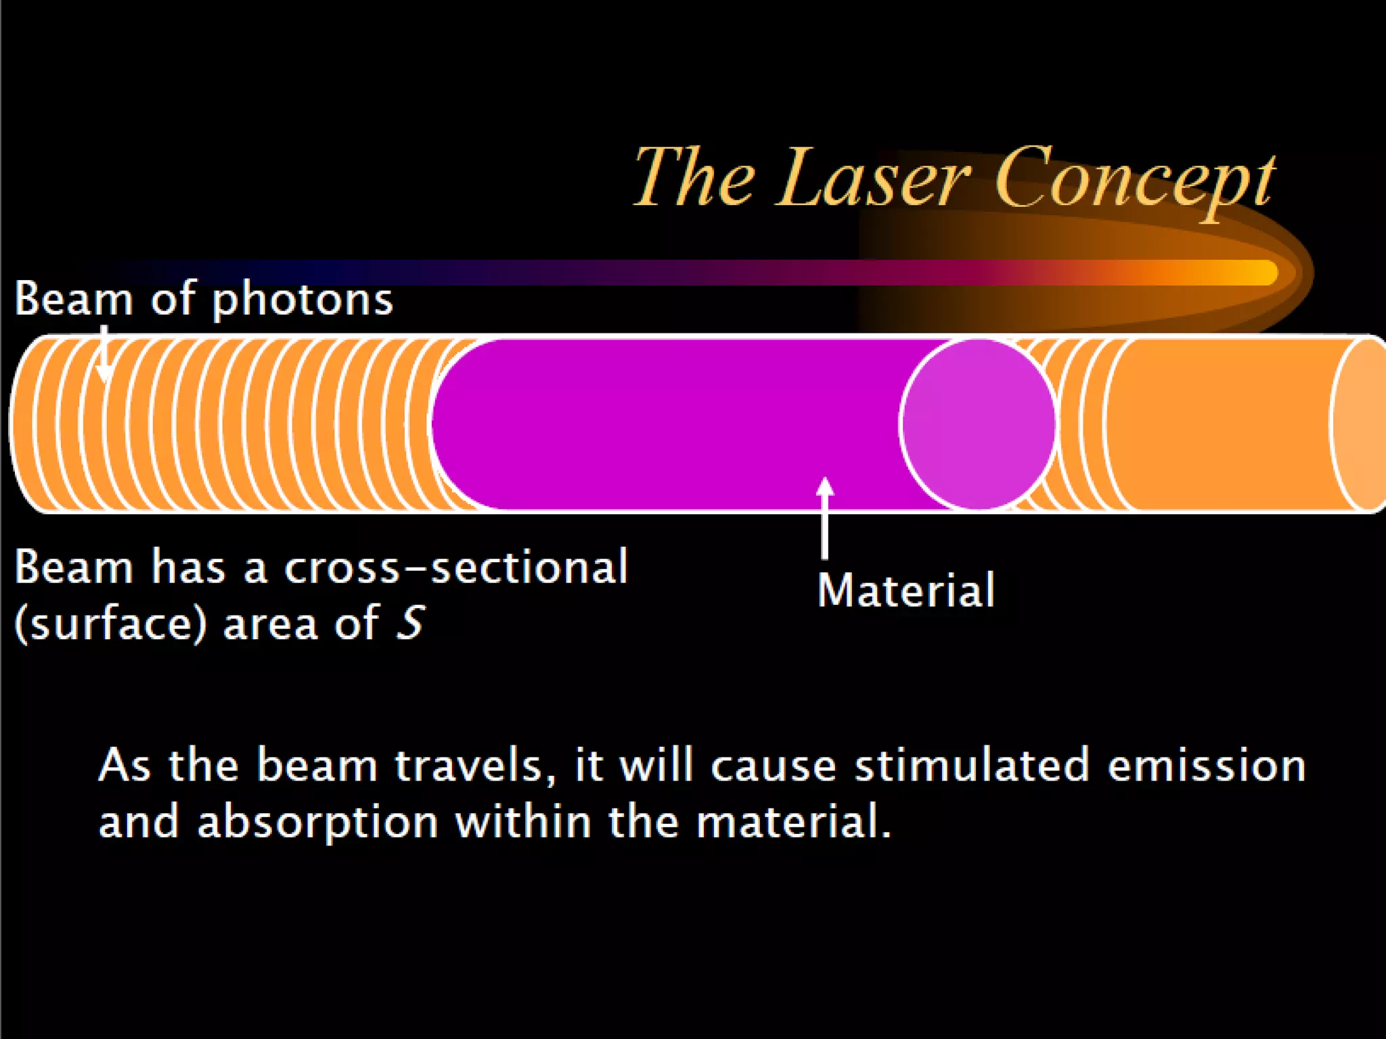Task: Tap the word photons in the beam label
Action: [x=303, y=299]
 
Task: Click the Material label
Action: [x=906, y=591]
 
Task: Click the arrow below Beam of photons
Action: [x=104, y=355]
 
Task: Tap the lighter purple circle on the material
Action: [x=978, y=423]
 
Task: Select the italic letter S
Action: [x=410, y=623]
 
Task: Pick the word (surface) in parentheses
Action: [x=110, y=623]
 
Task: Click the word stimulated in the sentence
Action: [x=972, y=766]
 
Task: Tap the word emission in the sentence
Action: [x=1207, y=766]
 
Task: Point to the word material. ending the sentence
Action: [x=793, y=822]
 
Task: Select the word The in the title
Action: [x=694, y=177]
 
